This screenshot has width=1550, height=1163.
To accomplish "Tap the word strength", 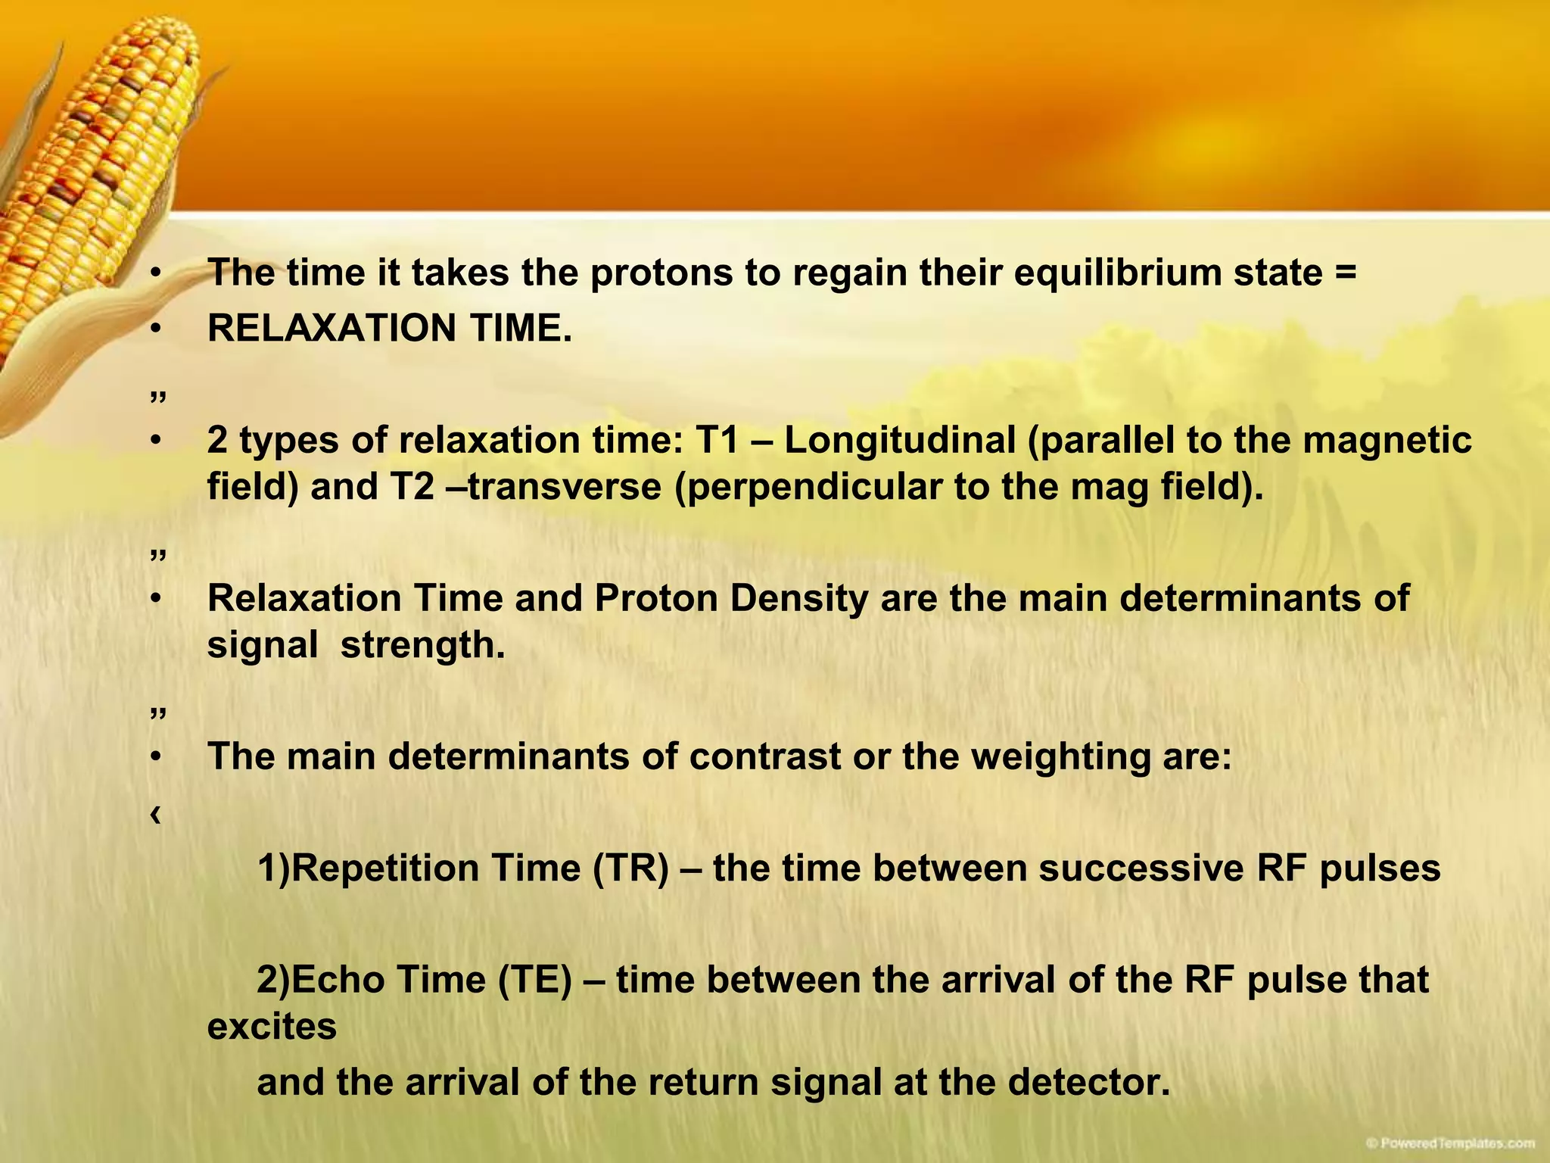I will pyautogui.click(x=422, y=646).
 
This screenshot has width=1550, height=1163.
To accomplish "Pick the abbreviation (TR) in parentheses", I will pyautogui.click(x=631, y=868).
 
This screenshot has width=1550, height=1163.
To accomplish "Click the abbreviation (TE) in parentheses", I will pyautogui.click(x=535, y=981).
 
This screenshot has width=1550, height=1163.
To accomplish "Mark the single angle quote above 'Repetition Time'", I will pyautogui.click(x=155, y=815).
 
